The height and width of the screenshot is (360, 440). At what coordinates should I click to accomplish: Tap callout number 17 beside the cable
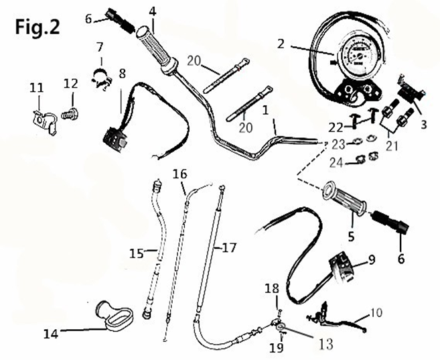pos(229,248)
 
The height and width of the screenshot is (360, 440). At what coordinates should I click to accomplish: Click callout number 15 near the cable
pos(137,253)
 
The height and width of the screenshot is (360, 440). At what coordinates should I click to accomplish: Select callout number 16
pos(179,174)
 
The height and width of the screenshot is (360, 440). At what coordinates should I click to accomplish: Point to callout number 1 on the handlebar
pos(267,107)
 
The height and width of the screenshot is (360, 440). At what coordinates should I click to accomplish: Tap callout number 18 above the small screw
pos(271,288)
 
